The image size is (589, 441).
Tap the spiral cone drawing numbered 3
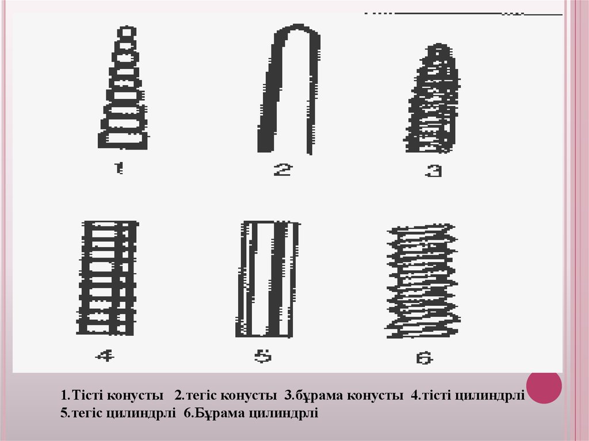click(432, 98)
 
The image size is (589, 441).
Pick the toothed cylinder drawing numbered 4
click(108, 278)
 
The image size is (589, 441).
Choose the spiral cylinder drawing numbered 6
click(423, 281)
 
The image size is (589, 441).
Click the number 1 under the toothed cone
click(118, 168)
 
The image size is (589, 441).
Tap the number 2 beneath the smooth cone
click(282, 170)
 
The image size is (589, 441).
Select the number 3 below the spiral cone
click(434, 171)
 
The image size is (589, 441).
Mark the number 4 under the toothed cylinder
click(105, 355)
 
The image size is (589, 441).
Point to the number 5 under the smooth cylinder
click(263, 356)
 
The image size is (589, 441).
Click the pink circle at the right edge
click(544, 386)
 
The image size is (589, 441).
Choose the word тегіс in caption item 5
click(86, 413)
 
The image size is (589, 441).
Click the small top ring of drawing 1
click(127, 32)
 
